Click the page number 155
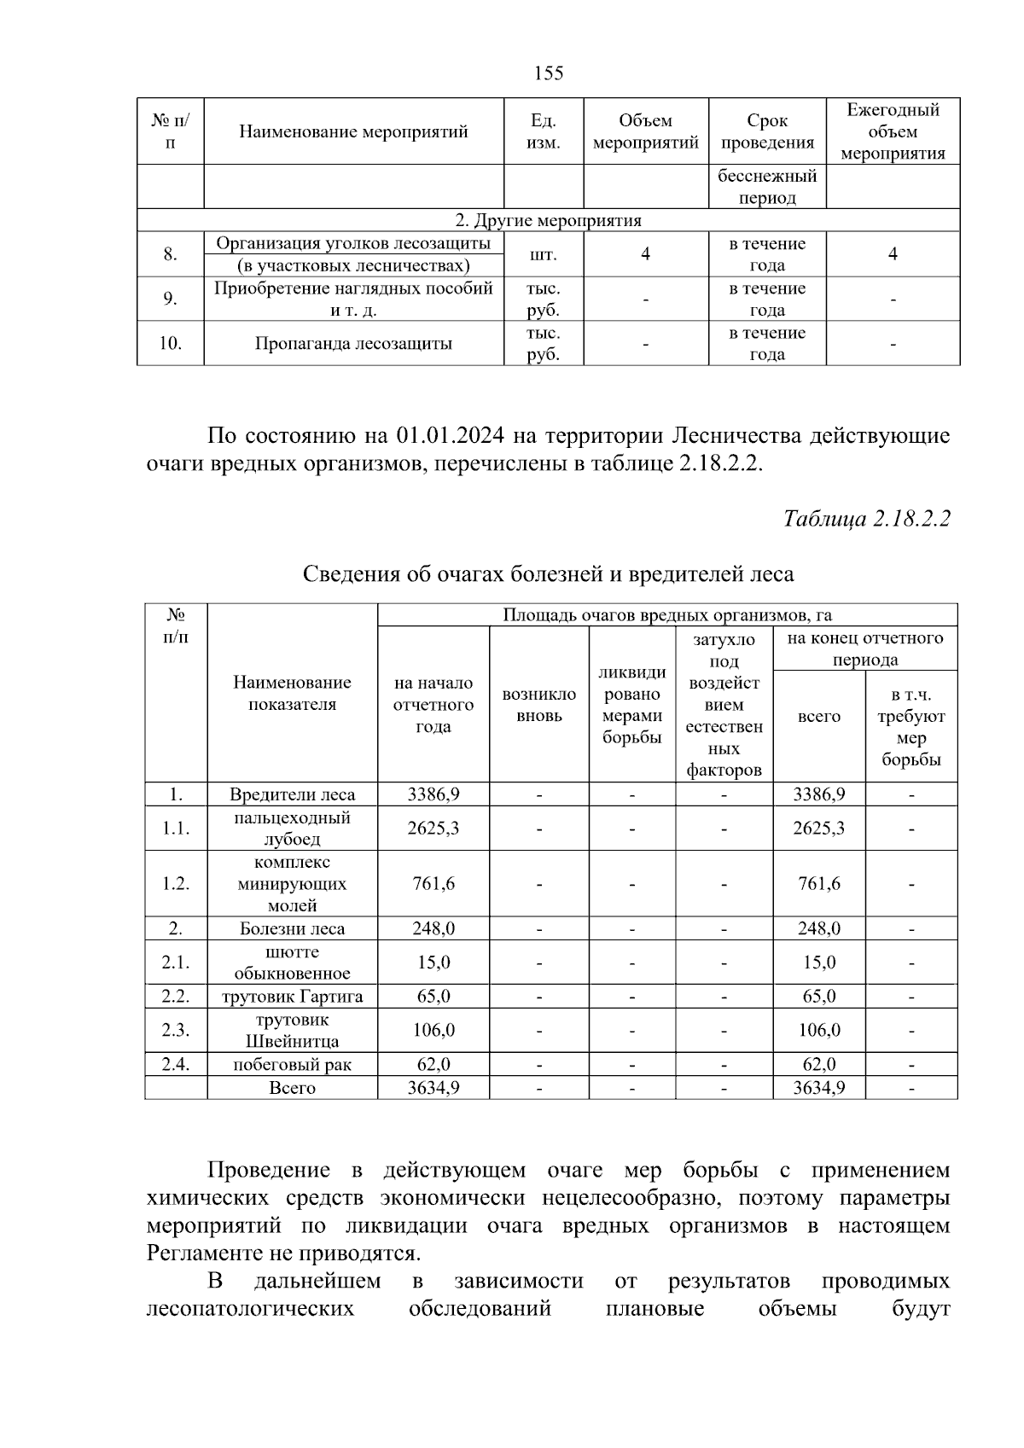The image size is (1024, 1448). click(x=549, y=73)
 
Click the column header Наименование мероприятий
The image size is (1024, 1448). click(x=353, y=131)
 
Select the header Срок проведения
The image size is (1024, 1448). click(x=767, y=131)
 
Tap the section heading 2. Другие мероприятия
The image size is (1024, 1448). click(x=548, y=220)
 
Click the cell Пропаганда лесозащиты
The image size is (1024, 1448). click(x=353, y=344)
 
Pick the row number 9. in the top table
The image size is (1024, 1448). click(x=171, y=299)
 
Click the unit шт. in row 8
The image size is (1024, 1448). click(x=544, y=254)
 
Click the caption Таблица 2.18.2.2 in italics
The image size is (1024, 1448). click(x=866, y=519)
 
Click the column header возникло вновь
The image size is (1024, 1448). click(x=539, y=705)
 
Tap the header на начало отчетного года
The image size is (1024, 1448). click(x=433, y=705)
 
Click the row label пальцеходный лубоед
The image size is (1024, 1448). click(x=292, y=829)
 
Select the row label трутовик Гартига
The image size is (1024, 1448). click(x=292, y=997)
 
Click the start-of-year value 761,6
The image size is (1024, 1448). click(x=433, y=884)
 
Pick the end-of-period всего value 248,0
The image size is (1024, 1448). click(x=818, y=928)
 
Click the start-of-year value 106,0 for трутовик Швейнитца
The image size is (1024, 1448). click(x=433, y=1031)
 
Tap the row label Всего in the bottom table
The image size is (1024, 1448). click(x=292, y=1088)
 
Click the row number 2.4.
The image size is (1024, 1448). click(x=176, y=1064)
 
